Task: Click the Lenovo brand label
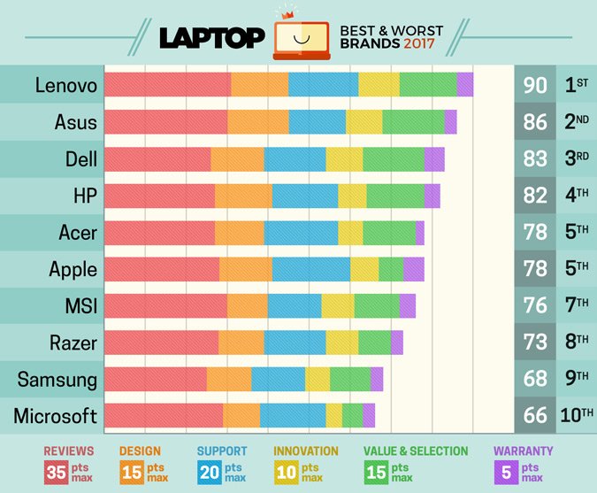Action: tap(66, 85)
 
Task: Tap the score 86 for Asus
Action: tap(535, 122)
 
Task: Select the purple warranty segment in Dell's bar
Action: tap(434, 159)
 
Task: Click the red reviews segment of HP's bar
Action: tap(159, 196)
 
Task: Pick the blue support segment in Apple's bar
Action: tap(310, 269)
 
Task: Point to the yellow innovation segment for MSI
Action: tap(337, 306)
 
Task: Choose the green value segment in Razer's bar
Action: tap(374, 343)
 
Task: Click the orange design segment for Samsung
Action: tap(229, 379)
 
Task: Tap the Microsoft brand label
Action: tap(56, 416)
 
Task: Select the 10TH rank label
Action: tap(576, 416)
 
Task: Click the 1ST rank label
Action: tap(576, 85)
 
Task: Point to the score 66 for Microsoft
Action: tap(535, 416)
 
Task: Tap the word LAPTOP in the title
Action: tap(212, 39)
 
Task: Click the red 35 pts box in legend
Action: tap(57, 473)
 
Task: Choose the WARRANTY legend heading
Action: tap(524, 451)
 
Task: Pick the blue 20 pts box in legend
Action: tap(210, 473)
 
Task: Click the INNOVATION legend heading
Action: tap(306, 451)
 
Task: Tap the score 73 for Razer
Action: tap(535, 343)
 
